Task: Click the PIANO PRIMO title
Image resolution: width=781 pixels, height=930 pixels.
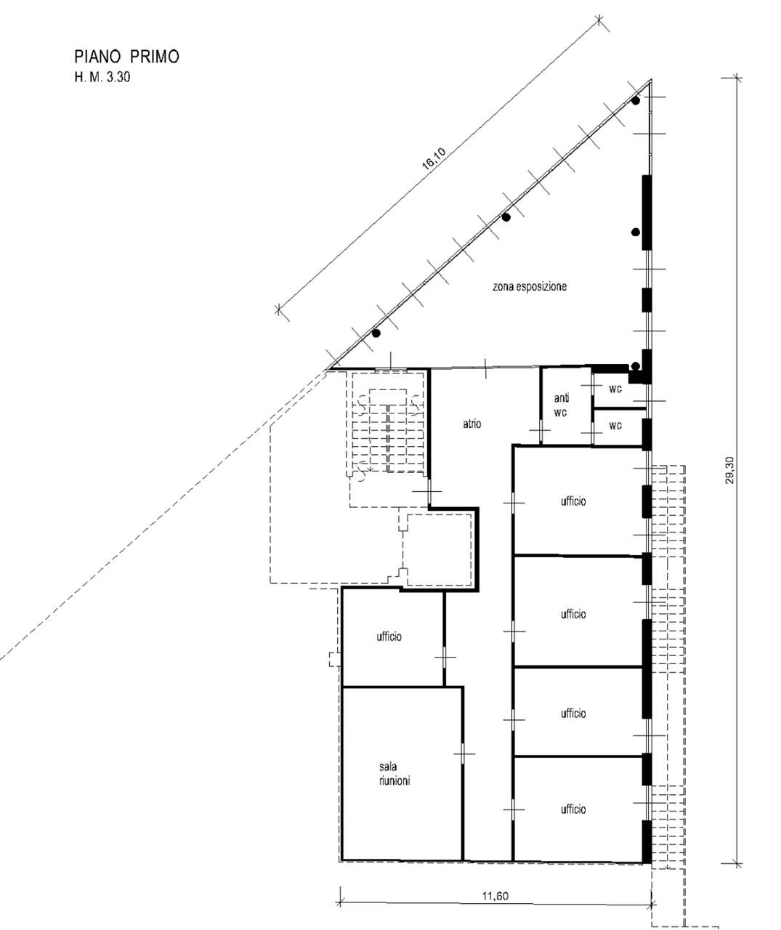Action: (x=126, y=57)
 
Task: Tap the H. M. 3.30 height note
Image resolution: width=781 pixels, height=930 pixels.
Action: (x=102, y=78)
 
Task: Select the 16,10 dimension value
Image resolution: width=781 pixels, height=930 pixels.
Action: (x=434, y=159)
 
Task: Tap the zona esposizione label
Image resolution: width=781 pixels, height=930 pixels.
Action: (x=530, y=286)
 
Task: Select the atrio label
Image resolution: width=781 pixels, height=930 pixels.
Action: (x=472, y=424)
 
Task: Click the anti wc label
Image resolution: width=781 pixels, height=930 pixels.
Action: (x=561, y=405)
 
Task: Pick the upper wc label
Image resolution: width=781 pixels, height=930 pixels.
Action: (x=615, y=389)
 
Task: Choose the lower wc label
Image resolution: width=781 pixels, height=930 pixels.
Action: (x=615, y=426)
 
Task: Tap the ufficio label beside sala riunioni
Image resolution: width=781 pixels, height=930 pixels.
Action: (x=389, y=636)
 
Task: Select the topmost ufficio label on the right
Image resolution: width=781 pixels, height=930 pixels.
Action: (x=573, y=501)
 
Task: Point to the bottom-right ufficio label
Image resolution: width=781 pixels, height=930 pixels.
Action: (x=573, y=809)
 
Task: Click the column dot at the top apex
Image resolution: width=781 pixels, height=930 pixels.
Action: (x=636, y=101)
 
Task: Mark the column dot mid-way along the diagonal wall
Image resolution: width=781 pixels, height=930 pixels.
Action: (x=506, y=217)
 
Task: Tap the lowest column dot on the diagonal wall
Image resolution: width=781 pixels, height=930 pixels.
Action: (x=376, y=333)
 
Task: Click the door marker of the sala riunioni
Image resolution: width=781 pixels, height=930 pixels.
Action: (x=464, y=753)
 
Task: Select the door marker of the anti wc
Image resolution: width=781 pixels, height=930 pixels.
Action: (x=541, y=430)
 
